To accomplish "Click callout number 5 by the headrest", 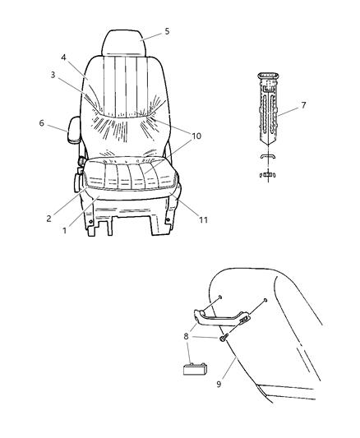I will pyautogui.click(x=167, y=31).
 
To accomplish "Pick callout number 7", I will pyautogui.click(x=303, y=106).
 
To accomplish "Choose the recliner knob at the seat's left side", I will pyautogui.click(x=81, y=182).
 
